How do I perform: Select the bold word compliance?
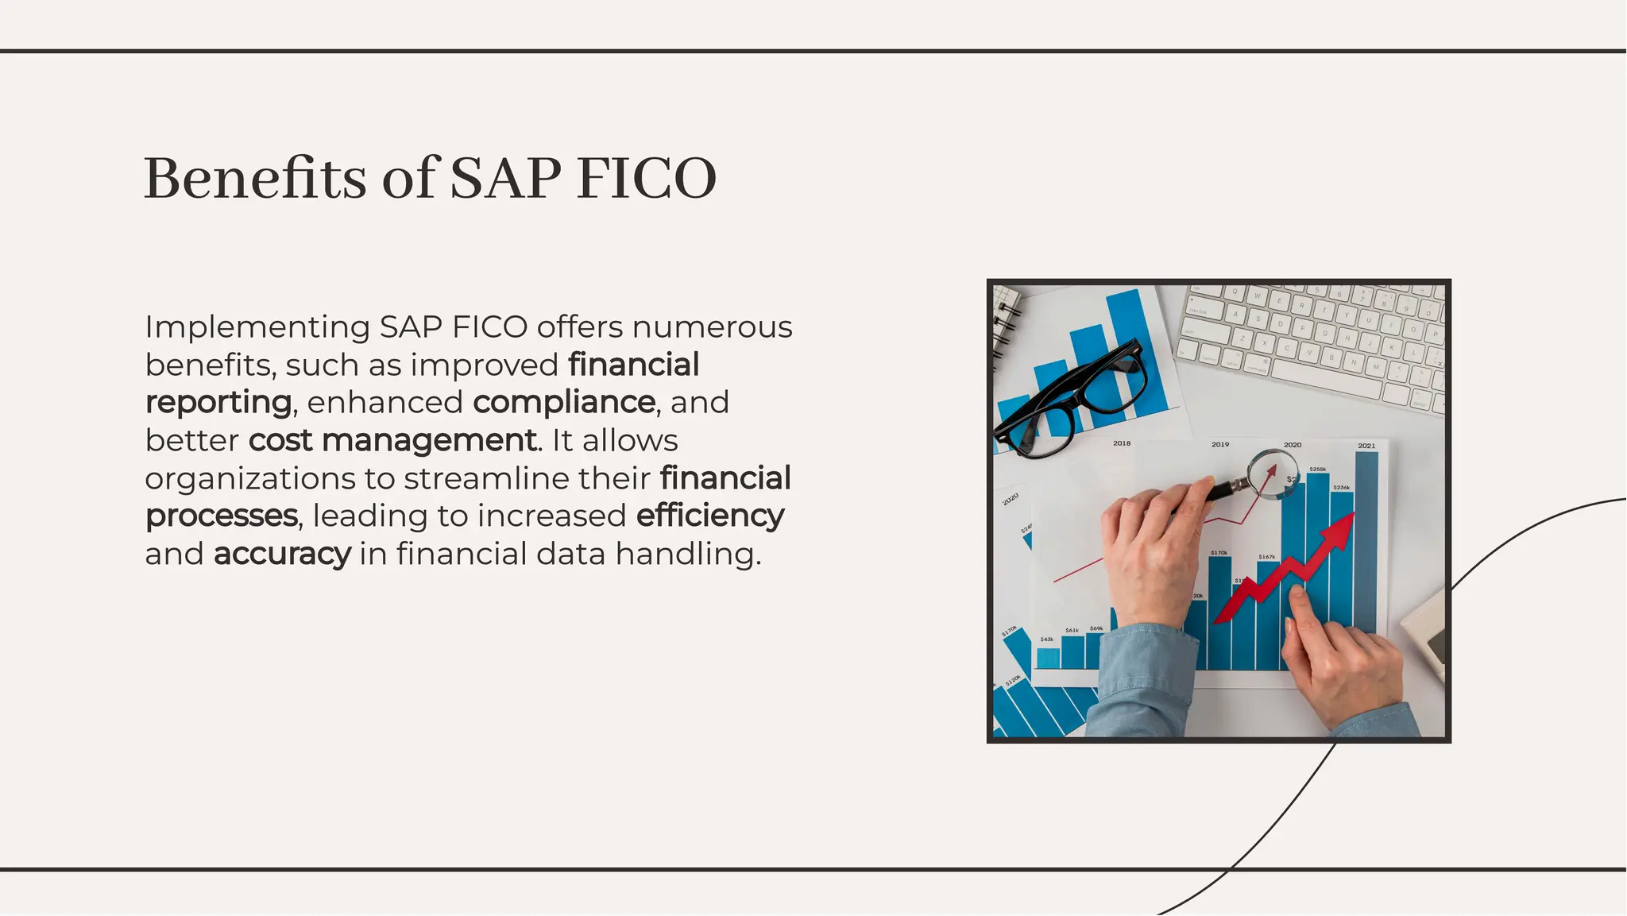click(x=564, y=402)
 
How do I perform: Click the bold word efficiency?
click(x=710, y=516)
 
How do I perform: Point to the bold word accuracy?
click(x=282, y=554)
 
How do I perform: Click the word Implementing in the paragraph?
click(x=257, y=327)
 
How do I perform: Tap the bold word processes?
click(x=222, y=516)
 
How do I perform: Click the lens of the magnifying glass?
click(x=1273, y=473)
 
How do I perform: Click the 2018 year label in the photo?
click(x=1122, y=443)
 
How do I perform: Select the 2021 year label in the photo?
click(x=1366, y=446)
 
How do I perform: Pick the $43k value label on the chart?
click(x=1047, y=640)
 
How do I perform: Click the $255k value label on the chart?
click(x=1317, y=470)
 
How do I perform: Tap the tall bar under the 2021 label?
click(x=1366, y=540)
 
